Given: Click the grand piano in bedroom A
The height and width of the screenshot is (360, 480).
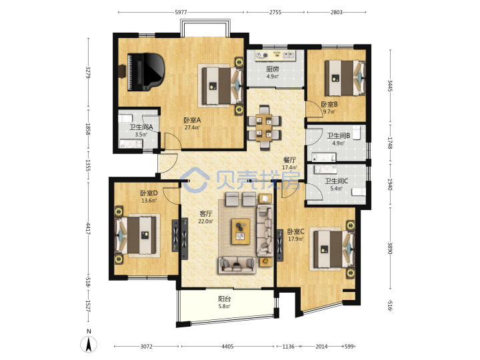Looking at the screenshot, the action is (x=146, y=72).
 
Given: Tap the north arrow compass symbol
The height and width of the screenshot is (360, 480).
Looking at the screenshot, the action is (x=89, y=343).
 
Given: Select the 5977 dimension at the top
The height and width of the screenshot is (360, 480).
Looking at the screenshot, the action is (x=181, y=12).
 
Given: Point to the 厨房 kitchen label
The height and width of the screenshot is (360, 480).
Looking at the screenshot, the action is (x=273, y=69).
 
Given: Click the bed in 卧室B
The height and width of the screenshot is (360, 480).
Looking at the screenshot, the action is (x=345, y=78).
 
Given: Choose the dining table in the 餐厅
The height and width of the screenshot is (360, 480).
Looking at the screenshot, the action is (x=264, y=127).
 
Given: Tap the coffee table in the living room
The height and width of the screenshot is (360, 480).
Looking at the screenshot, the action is (x=241, y=231).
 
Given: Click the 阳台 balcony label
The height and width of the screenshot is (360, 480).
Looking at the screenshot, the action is (x=225, y=299).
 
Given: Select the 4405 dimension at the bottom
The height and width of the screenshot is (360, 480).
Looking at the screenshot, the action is (x=227, y=347).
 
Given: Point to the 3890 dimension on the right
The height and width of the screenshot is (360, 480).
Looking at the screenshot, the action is (x=390, y=248).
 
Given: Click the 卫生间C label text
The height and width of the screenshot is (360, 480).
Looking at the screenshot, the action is (x=337, y=181).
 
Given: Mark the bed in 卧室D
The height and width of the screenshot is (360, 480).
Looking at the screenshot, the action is (x=135, y=235).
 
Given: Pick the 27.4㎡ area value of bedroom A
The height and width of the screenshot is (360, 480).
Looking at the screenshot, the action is (x=192, y=127).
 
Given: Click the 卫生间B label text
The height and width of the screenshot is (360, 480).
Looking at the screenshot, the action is (x=339, y=135).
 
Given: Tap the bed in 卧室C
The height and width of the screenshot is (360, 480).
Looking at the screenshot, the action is (x=333, y=249).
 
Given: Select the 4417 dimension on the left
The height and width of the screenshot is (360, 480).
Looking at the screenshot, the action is (x=88, y=229).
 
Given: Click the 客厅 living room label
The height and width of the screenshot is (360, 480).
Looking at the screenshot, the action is (x=205, y=214).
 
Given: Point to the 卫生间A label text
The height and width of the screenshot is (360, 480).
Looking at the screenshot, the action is (x=141, y=127).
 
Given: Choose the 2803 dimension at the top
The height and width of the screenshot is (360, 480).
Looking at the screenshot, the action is (x=337, y=12).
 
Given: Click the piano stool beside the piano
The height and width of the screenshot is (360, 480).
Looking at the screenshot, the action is (x=122, y=71).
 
